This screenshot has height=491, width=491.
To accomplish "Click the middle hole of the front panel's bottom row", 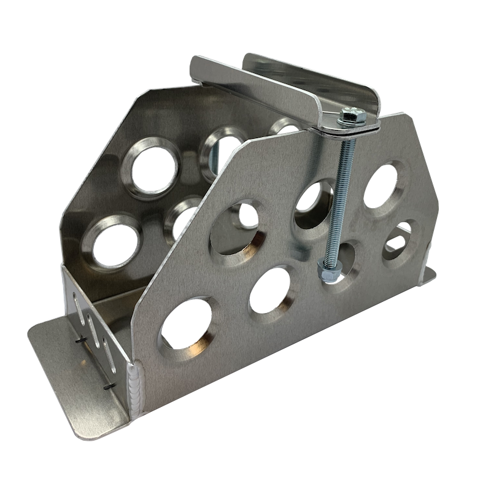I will [x=271, y=288].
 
